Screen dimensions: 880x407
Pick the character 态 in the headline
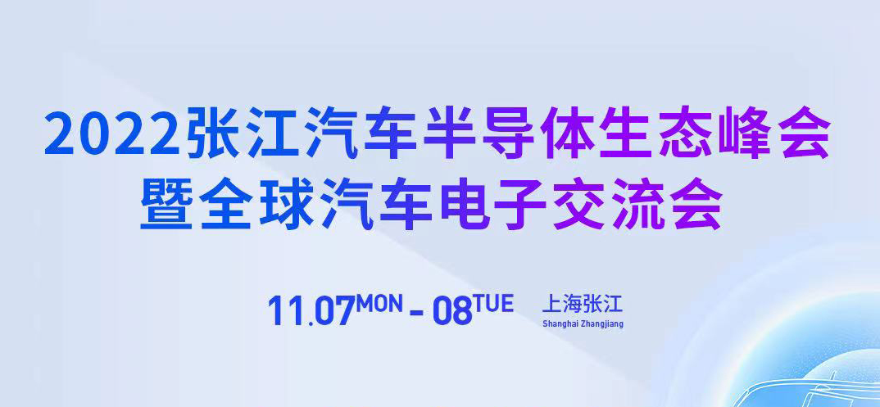click(686, 133)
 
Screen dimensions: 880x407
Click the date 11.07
click(311, 310)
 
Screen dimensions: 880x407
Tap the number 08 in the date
click(452, 310)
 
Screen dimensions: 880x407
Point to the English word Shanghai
click(560, 324)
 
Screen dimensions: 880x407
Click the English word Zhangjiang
click(601, 324)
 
